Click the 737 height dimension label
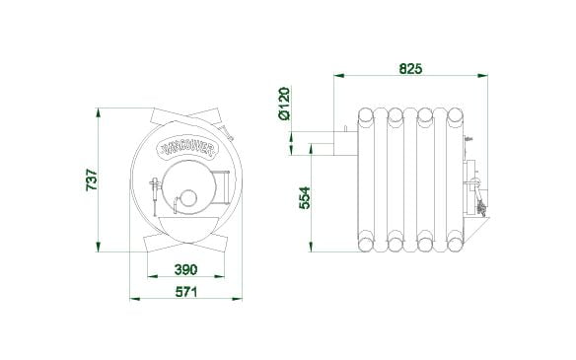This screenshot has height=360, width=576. pyautogui.click(x=92, y=180)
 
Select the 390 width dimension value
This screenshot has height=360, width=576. pyautogui.click(x=185, y=270)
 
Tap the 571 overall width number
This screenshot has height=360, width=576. pyautogui.click(x=186, y=292)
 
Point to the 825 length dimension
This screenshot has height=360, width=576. pyautogui.click(x=410, y=69)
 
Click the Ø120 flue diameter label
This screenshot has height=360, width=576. pyautogui.click(x=284, y=104)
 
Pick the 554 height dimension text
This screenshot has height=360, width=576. pyautogui.click(x=305, y=198)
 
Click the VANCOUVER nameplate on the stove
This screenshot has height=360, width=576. pyautogui.click(x=187, y=147)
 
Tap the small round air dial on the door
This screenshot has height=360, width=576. pyautogui.click(x=187, y=198)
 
